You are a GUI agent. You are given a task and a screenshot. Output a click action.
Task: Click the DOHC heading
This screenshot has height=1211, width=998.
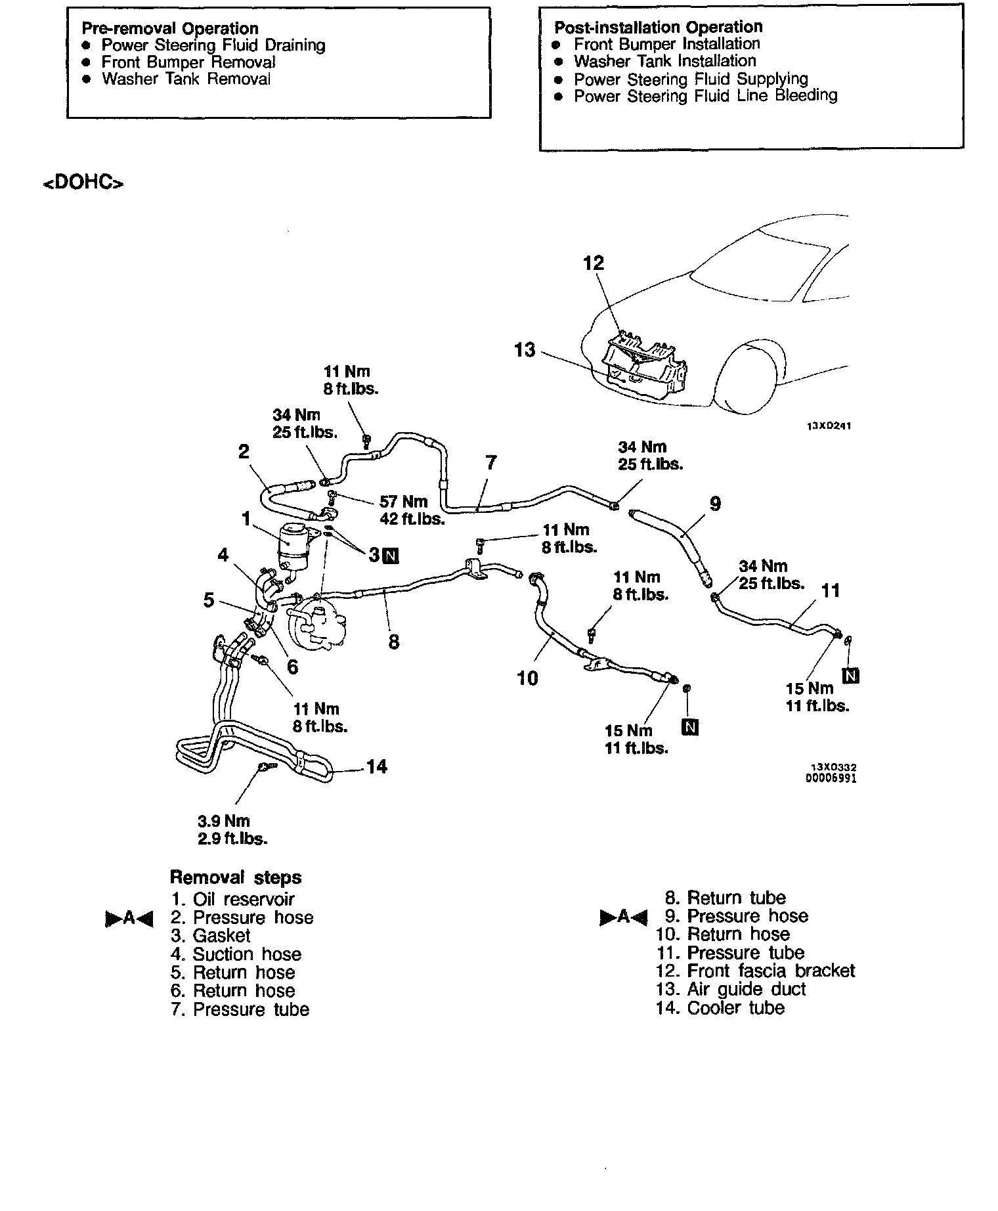click(83, 182)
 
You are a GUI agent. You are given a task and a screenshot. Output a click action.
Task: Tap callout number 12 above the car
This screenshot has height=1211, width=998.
click(594, 263)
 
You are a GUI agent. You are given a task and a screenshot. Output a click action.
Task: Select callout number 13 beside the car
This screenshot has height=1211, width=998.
click(525, 350)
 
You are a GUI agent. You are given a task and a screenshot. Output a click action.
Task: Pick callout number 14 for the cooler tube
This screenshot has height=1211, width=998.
click(376, 766)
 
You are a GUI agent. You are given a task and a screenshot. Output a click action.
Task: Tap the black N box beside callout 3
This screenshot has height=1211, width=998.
click(391, 556)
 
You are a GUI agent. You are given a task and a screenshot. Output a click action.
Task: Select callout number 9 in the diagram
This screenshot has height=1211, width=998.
click(715, 504)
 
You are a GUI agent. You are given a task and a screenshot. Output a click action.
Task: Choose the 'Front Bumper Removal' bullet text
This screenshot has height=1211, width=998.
click(188, 62)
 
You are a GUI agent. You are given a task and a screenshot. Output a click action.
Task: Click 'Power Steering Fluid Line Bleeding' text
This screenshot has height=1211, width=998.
click(705, 96)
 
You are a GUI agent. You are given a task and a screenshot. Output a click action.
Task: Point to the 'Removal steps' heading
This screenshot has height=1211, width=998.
click(236, 877)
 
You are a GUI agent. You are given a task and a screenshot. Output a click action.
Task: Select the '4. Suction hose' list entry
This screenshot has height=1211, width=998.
click(236, 954)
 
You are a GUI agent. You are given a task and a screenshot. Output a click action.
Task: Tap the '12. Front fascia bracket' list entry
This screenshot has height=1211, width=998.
click(755, 971)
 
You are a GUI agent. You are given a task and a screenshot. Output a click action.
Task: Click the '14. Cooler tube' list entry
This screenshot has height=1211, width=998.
click(720, 1007)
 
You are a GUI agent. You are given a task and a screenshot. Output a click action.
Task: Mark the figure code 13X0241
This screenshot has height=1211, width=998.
click(829, 426)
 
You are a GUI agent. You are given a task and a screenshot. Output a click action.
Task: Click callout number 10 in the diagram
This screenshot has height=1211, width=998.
click(527, 678)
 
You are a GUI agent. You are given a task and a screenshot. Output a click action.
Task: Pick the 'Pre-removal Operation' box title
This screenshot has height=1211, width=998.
click(170, 28)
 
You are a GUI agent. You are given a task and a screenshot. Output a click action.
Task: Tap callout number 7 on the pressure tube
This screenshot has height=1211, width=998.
click(491, 463)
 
